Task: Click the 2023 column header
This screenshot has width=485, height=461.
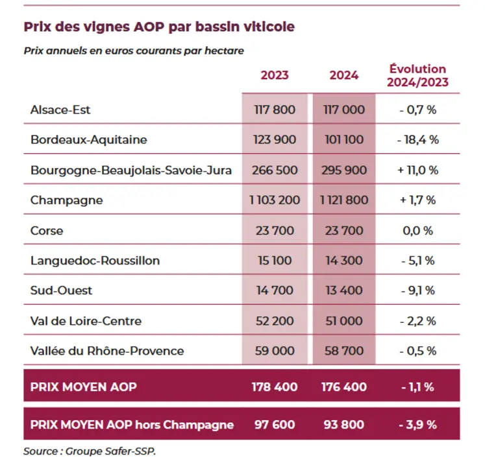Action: (x=275, y=75)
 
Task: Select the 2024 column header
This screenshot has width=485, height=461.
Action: (x=344, y=75)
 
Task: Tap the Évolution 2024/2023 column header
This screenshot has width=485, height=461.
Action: (x=417, y=75)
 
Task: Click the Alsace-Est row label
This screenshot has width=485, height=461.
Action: (x=60, y=110)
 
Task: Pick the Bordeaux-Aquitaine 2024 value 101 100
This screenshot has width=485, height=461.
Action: (x=344, y=139)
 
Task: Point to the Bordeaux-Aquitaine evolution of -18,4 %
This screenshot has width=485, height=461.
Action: (x=418, y=139)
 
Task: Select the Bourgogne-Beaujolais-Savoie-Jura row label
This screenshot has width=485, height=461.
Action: (x=131, y=171)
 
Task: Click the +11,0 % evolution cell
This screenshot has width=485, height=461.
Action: (x=418, y=170)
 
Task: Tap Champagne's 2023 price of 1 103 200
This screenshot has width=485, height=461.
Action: (x=275, y=200)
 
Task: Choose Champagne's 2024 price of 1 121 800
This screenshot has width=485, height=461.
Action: (x=344, y=200)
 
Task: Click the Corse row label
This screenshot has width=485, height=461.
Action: (x=47, y=231)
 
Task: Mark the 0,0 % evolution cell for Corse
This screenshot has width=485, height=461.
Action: (x=418, y=231)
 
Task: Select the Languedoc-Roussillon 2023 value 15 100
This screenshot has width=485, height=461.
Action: (x=275, y=261)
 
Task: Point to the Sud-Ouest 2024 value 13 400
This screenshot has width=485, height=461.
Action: (x=344, y=290)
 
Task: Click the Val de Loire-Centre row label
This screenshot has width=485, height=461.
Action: (x=86, y=321)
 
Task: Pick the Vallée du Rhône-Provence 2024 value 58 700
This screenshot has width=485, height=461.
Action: (x=344, y=351)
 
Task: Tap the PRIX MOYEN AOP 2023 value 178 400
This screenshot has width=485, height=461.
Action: (x=275, y=387)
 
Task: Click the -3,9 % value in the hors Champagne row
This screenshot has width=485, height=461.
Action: (x=418, y=425)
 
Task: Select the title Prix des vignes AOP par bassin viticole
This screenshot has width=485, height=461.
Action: (x=159, y=27)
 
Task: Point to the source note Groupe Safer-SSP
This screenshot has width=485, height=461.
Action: (x=110, y=451)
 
